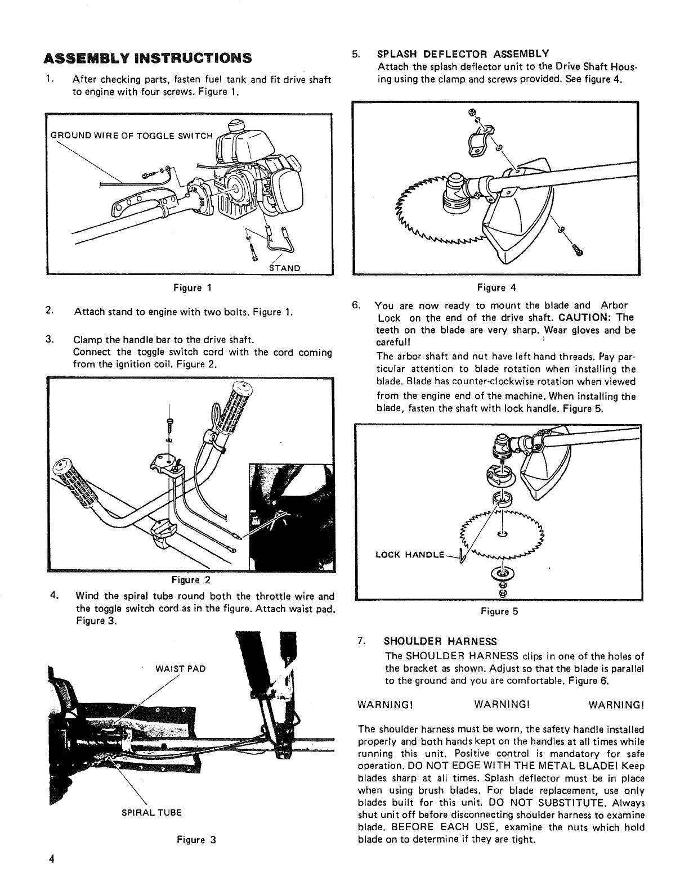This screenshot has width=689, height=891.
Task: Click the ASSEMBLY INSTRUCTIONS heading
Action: click(x=147, y=58)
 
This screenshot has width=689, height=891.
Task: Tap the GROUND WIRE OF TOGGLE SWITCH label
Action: click(x=132, y=136)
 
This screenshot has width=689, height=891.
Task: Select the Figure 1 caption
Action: click(x=192, y=288)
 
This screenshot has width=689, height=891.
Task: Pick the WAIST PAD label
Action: click(x=180, y=669)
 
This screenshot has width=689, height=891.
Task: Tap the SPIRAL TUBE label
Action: click(x=152, y=813)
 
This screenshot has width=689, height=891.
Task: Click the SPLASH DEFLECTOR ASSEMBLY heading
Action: click(x=463, y=54)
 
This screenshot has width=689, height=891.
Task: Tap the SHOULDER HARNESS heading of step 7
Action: click(x=440, y=641)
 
